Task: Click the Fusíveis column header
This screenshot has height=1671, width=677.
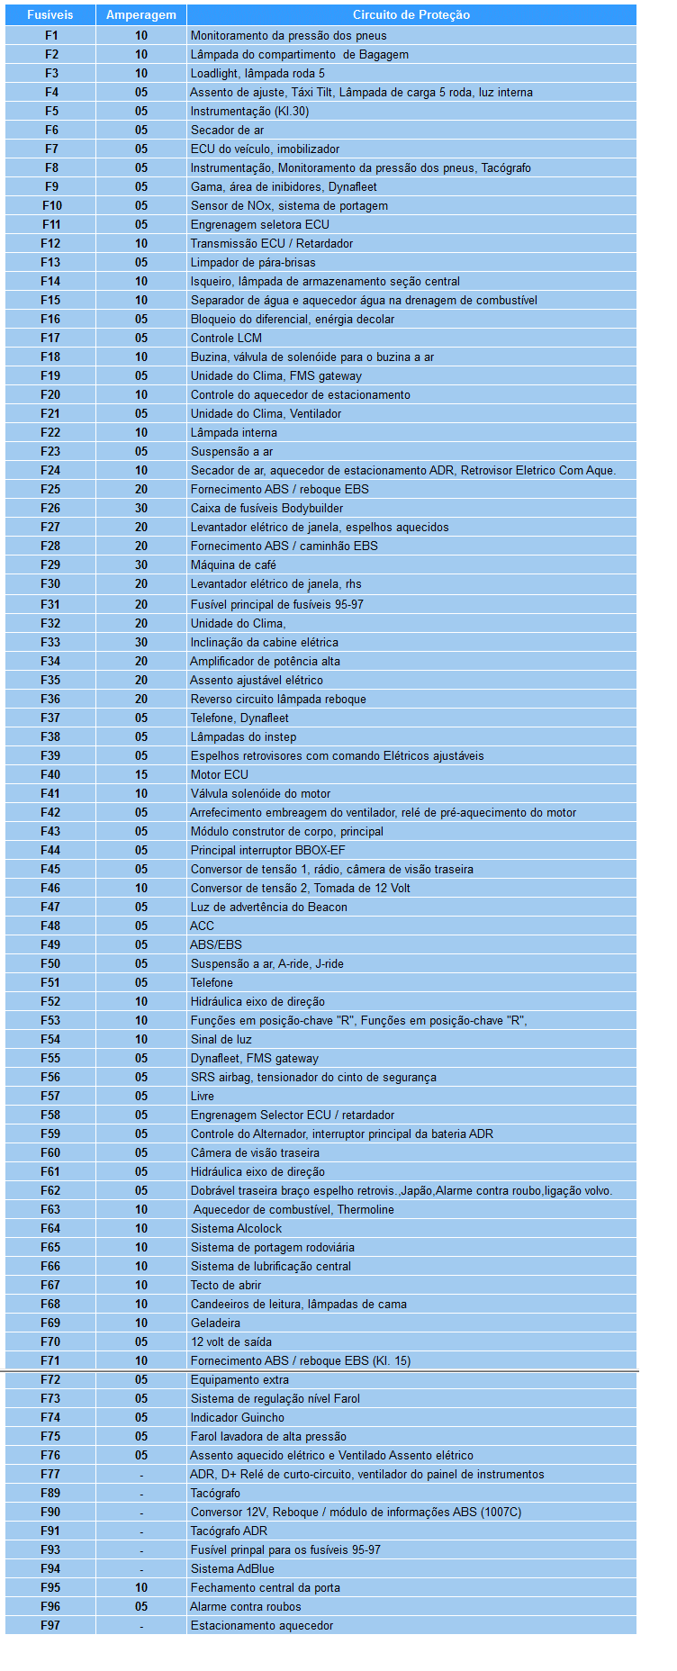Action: coord(50,15)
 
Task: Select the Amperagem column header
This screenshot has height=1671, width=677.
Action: coord(141,15)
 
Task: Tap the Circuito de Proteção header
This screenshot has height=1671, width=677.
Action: coord(411,15)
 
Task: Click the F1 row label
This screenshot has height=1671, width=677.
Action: coord(51,36)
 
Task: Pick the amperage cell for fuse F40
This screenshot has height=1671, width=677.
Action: coord(141,775)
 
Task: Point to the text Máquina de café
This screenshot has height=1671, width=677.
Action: coord(233,565)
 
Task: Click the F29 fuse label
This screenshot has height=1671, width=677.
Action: coord(50,565)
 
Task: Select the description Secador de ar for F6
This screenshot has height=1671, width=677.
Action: coord(227,131)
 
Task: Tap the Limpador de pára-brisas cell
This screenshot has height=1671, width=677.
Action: coord(253,263)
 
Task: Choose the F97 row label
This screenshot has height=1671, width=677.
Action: coord(50,1626)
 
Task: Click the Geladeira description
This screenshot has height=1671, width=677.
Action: coord(215,1323)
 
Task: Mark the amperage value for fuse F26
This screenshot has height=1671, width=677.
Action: coord(141,509)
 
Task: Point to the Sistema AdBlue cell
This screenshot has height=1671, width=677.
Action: coord(231,1569)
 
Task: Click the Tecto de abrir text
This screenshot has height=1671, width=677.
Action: coord(226,1286)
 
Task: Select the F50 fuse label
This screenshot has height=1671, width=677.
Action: coord(50,964)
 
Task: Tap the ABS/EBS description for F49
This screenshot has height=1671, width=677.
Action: coord(216,945)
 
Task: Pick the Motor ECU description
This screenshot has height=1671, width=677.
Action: coord(219,775)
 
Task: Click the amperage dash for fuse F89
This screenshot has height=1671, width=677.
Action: coord(141,1494)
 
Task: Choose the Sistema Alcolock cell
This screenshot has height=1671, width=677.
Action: coord(236,1229)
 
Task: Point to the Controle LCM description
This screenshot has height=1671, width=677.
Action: coord(226,339)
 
